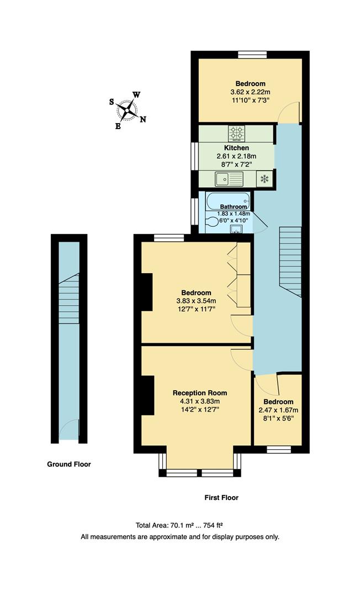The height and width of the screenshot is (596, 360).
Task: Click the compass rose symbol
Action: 128,110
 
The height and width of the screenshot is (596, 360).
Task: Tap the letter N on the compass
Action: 143,119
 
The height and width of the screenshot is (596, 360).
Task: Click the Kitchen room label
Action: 236,148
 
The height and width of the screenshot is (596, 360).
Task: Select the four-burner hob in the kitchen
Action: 236,133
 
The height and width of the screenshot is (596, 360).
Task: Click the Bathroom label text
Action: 226,207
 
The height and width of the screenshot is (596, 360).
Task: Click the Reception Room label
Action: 200,393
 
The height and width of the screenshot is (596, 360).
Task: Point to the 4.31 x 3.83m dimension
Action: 200,401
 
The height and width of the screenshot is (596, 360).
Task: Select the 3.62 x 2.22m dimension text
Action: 250,92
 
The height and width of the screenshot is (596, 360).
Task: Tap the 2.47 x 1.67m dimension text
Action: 278,410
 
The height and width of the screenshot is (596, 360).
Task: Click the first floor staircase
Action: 290,263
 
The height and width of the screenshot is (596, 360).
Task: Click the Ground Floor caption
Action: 69,464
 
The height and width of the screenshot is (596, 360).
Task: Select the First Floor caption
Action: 221,497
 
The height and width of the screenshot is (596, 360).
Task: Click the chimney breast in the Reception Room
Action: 147,396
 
